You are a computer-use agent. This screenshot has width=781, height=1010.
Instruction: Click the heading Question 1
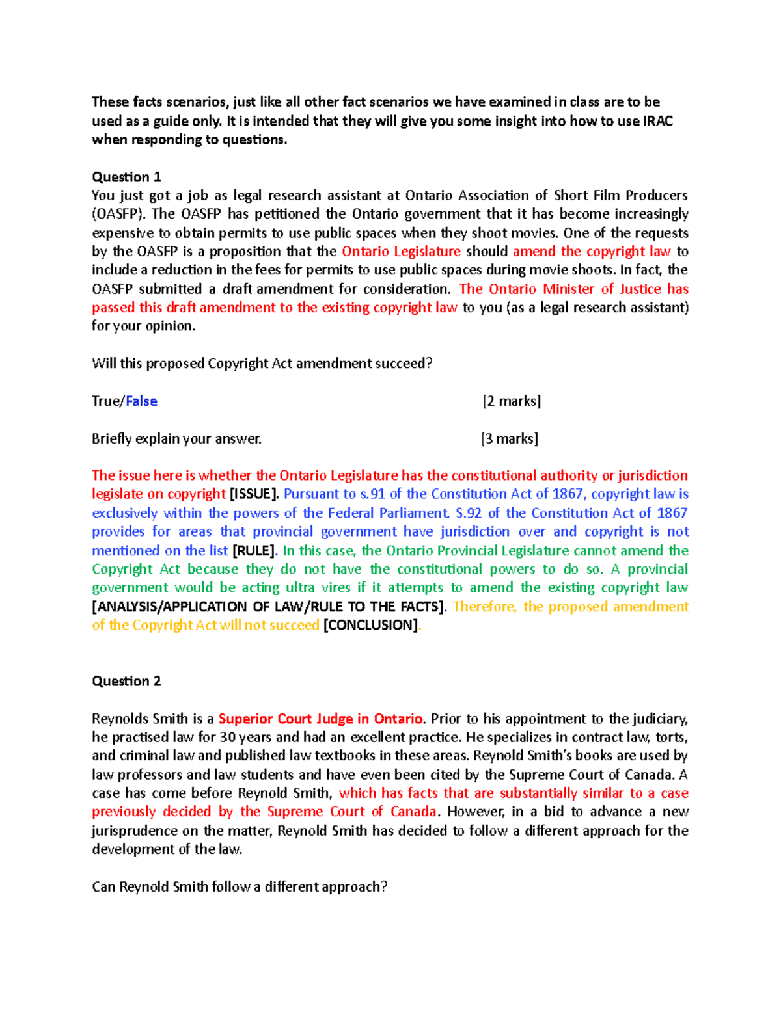(126, 177)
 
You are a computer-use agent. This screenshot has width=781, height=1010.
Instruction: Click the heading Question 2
(126, 681)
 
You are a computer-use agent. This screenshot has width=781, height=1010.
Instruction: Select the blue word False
(141, 401)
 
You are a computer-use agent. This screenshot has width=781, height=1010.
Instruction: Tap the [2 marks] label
(512, 401)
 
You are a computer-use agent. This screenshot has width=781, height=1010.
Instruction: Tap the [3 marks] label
(510, 439)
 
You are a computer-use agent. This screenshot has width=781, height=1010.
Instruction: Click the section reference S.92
(469, 513)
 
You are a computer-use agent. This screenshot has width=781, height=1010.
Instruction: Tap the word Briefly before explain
(112, 439)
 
